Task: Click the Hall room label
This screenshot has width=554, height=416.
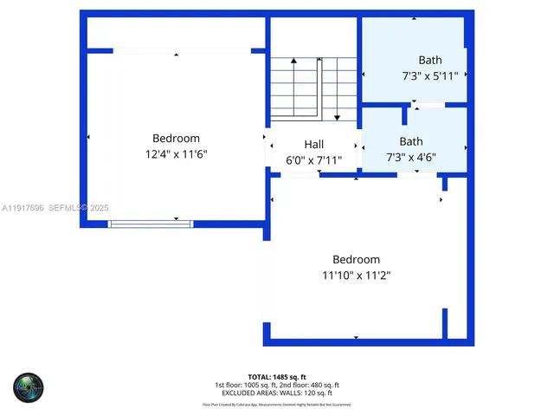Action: point(313,144)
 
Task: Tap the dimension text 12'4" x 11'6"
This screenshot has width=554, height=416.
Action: point(177,154)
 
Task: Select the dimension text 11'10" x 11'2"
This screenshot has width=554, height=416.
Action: point(356,276)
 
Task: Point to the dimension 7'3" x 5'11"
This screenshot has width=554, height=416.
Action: point(430,76)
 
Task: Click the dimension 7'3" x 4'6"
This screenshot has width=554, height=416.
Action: point(411,158)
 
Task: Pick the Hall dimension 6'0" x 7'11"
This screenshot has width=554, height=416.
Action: point(313,160)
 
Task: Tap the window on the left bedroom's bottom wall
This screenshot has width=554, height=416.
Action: point(151,224)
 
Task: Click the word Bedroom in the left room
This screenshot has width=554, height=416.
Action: point(177,138)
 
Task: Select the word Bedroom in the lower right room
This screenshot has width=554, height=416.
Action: point(356,259)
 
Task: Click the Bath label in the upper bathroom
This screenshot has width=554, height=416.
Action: point(430,60)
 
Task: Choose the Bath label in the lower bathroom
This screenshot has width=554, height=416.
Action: point(411,141)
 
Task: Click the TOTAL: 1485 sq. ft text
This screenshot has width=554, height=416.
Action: point(277,377)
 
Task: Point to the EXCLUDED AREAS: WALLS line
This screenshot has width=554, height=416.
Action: point(277,393)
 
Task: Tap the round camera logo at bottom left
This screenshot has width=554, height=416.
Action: point(28,387)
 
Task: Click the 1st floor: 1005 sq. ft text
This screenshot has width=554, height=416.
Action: point(247,385)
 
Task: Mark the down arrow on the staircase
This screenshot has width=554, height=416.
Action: point(336,115)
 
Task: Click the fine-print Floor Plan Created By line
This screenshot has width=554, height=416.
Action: point(277,405)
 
